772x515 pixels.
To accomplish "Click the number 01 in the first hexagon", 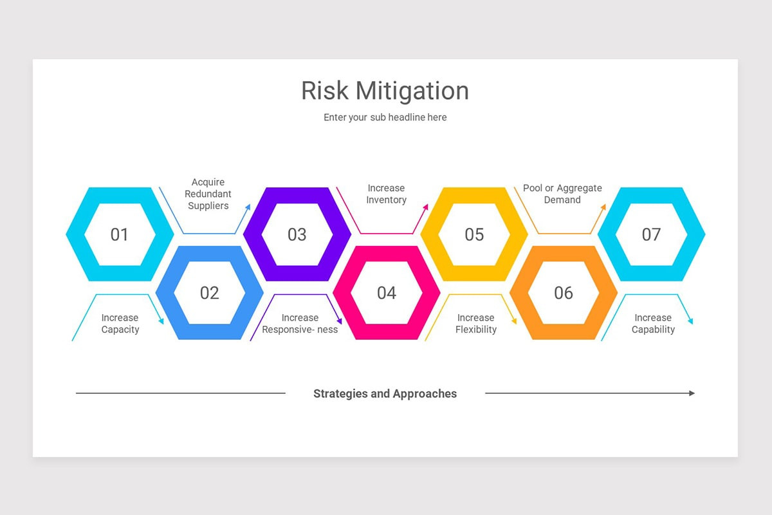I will click(x=120, y=235).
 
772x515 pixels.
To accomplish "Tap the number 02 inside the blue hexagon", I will click(x=209, y=294).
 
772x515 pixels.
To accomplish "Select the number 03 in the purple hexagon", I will click(x=297, y=235).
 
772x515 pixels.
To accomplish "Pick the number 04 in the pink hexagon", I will click(x=386, y=294).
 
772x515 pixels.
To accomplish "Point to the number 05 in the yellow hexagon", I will click(x=474, y=235).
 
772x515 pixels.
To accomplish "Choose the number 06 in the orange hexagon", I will click(x=563, y=294).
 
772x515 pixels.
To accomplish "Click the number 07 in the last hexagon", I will click(x=651, y=235).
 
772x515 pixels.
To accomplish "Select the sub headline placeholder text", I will click(x=385, y=117).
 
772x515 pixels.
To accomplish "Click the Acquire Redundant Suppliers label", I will click(x=208, y=194).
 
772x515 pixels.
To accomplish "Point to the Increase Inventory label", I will click(x=386, y=194).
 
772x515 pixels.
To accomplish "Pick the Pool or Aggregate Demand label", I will click(x=562, y=194).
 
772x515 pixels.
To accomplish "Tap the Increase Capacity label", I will click(x=120, y=323).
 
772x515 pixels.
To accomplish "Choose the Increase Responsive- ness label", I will click(x=300, y=323).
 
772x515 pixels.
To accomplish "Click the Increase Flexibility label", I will click(x=476, y=323).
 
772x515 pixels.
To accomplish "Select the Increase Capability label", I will click(x=653, y=323).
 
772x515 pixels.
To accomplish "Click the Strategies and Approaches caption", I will click(x=385, y=393).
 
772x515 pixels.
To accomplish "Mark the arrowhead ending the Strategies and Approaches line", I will click(x=692, y=393).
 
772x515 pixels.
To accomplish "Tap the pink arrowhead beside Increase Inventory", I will click(x=425, y=207).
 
